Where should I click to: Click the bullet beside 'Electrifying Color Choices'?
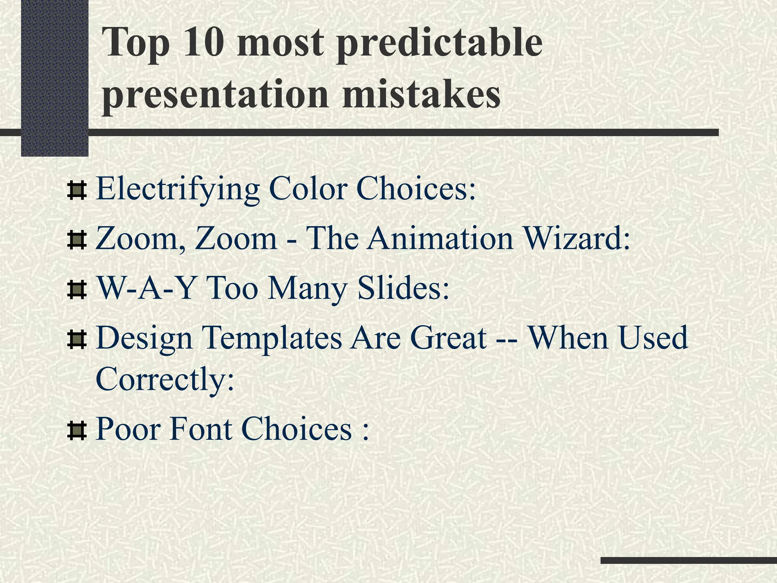pos(77,191)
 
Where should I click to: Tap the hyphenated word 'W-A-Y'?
pos(146,288)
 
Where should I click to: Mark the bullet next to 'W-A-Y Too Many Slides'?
pos(77,290)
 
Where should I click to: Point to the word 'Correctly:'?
pos(165,378)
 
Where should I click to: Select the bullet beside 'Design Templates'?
pos(77,339)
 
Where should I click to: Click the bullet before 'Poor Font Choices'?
pos(77,431)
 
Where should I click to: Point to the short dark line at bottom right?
pos(688,560)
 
